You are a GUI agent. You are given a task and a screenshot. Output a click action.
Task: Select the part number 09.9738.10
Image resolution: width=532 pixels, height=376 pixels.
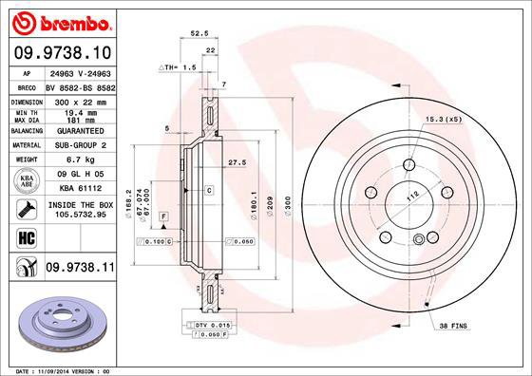coord(60,53)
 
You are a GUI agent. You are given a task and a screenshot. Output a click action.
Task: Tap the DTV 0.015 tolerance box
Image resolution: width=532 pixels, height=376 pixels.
coord(206,325)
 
